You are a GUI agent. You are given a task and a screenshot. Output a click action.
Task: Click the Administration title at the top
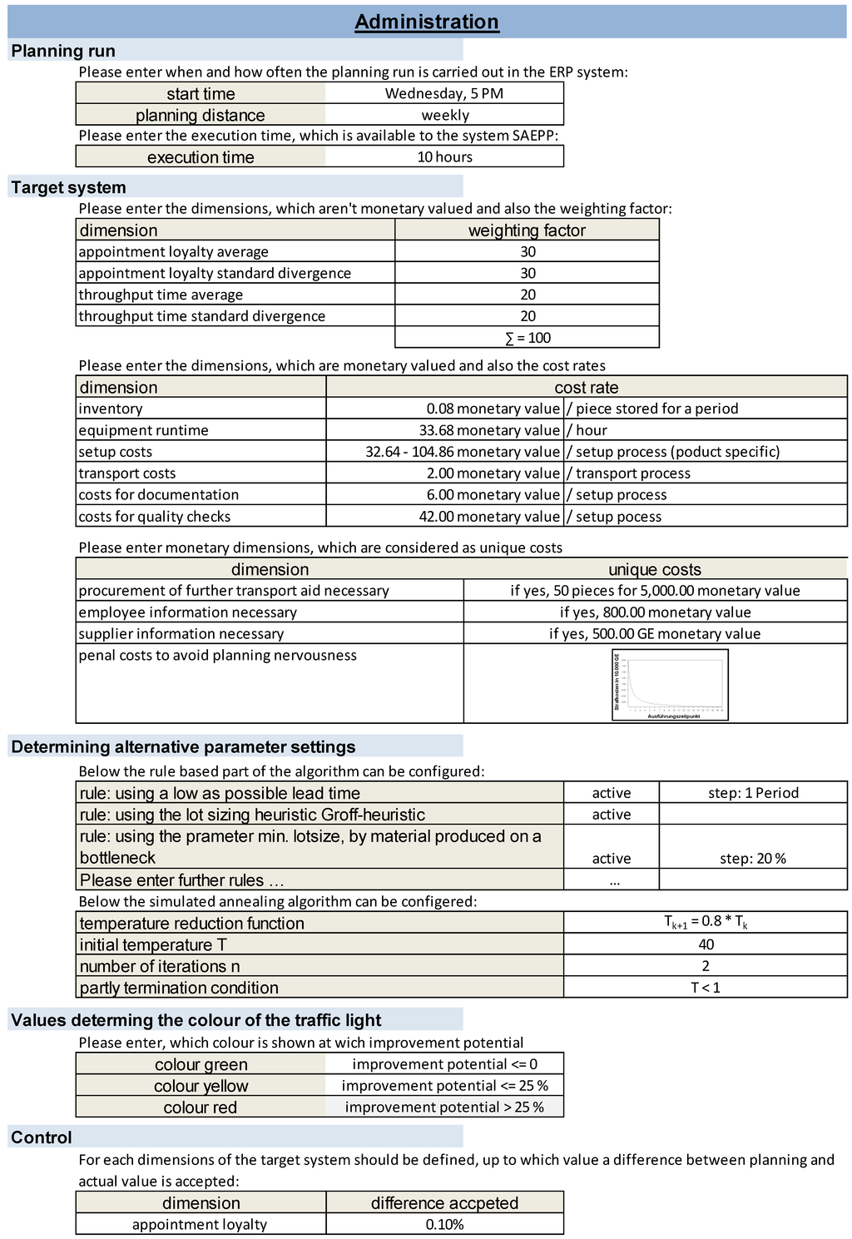pyautogui.click(x=427, y=22)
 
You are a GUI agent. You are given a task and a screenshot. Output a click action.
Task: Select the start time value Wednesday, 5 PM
pyautogui.click(x=444, y=93)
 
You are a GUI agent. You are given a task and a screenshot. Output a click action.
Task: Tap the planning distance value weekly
pyautogui.click(x=444, y=115)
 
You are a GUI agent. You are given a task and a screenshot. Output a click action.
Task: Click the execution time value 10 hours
pyautogui.click(x=444, y=156)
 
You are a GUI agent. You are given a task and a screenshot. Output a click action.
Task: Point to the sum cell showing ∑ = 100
pyautogui.click(x=528, y=338)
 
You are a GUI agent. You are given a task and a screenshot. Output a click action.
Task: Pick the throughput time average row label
pyautogui.click(x=161, y=295)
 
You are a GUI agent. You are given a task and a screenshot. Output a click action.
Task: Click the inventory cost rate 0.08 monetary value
pyautogui.click(x=493, y=409)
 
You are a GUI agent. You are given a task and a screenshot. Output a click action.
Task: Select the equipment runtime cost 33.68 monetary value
pyautogui.click(x=488, y=430)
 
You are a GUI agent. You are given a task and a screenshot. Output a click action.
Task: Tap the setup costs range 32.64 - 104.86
pyautogui.click(x=462, y=452)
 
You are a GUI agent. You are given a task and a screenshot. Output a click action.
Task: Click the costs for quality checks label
pyautogui.click(x=155, y=516)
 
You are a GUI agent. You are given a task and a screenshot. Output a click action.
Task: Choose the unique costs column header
pyautogui.click(x=655, y=569)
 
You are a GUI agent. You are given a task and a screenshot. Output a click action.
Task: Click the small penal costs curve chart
pyautogui.click(x=670, y=684)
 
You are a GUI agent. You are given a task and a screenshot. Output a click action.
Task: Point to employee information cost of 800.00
pyautogui.click(x=655, y=612)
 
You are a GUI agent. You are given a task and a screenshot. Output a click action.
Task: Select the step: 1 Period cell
pyautogui.click(x=753, y=793)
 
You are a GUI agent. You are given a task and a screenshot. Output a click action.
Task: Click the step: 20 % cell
pyautogui.click(x=753, y=858)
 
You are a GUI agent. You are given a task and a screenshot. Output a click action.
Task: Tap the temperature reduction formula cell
pyautogui.click(x=706, y=922)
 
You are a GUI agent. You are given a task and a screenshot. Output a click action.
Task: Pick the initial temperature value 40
pyautogui.click(x=706, y=944)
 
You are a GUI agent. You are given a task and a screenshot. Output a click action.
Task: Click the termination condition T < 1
pyautogui.click(x=706, y=988)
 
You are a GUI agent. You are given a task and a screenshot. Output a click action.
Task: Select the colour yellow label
pyautogui.click(x=201, y=1086)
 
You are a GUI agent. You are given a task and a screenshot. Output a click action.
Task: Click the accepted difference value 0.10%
pyautogui.click(x=444, y=1224)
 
